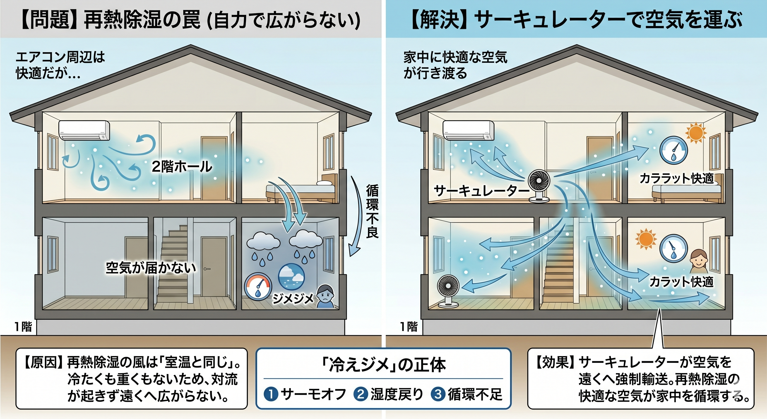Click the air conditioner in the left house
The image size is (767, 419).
point(84,130)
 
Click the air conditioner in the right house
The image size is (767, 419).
point(469,130)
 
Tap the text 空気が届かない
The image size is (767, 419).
point(151,268)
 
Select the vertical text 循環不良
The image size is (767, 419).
point(372,211)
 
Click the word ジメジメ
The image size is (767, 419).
point(293,298)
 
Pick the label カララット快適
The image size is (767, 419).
point(677,179)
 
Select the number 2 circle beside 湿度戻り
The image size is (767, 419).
point(361,394)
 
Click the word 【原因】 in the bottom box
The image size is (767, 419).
point(44,363)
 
